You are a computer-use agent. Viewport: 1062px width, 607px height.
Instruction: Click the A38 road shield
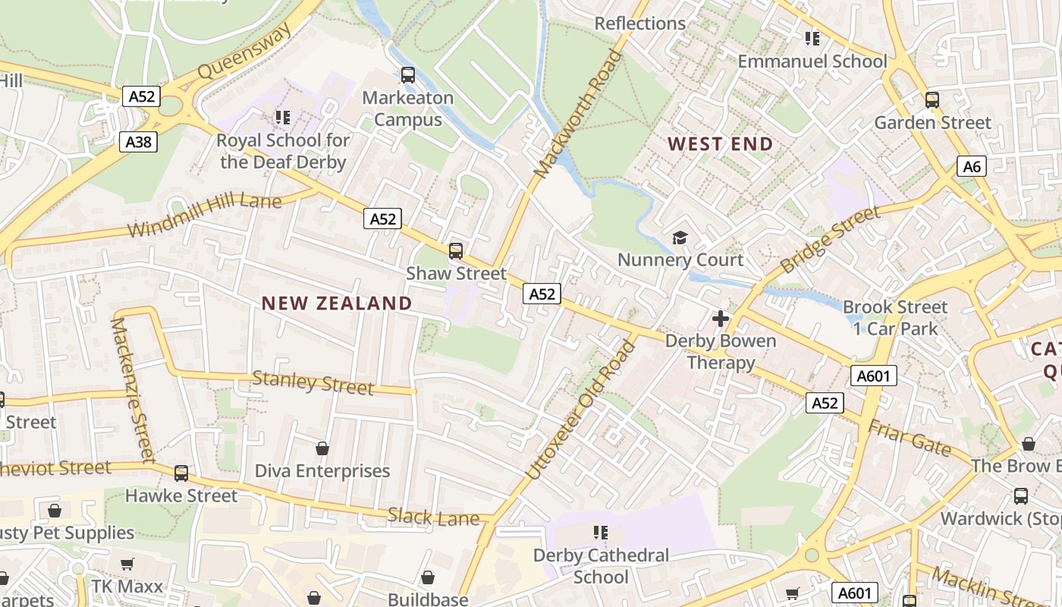[x=138, y=142]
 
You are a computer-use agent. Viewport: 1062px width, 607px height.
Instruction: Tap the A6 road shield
[x=972, y=167]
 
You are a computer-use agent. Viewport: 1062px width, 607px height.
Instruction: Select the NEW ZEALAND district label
[x=337, y=303]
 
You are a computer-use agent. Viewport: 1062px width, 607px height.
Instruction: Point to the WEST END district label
[x=720, y=144]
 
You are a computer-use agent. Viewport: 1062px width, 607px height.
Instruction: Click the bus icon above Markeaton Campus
[x=408, y=74]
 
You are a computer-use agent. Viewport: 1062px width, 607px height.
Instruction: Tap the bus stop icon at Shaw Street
[x=456, y=250]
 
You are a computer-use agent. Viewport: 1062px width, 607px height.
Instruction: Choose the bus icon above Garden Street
[x=932, y=99]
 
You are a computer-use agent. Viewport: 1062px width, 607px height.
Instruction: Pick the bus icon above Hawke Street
[x=181, y=473]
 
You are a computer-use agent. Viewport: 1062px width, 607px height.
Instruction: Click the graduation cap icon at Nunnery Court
[x=680, y=238]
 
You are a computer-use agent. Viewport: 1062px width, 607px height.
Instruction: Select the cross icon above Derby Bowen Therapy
[x=721, y=319]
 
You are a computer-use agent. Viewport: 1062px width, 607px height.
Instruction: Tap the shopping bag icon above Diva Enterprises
[x=322, y=448]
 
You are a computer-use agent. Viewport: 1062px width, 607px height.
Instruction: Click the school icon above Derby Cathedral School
[x=601, y=533]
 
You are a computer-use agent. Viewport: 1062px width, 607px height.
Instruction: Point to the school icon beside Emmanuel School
[x=812, y=38]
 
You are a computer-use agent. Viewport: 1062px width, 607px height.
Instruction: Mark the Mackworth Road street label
[x=577, y=114]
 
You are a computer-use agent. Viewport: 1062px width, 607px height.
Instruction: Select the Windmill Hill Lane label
[x=205, y=215]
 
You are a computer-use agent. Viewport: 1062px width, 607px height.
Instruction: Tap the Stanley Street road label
[x=313, y=382]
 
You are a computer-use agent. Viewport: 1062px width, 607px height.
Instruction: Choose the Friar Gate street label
[x=910, y=438]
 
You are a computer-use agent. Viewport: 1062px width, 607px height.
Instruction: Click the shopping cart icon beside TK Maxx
[x=127, y=565]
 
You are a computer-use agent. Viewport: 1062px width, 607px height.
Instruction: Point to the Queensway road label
[x=244, y=52]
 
